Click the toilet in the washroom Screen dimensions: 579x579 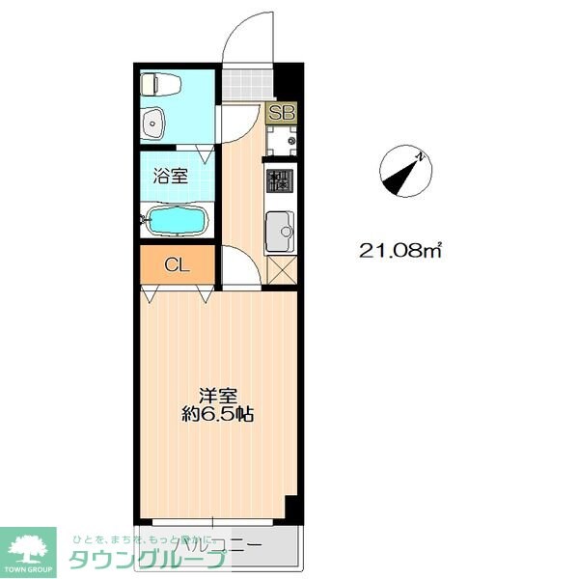[161, 85]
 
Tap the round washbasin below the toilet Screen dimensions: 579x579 [155, 123]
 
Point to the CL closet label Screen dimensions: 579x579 [176, 264]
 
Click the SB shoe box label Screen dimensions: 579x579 [282, 112]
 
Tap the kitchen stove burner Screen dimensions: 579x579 [280, 180]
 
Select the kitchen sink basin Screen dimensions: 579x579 [280, 229]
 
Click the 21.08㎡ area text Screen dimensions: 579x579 [400, 252]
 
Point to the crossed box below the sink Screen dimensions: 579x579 [281, 269]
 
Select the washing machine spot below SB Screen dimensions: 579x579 [282, 143]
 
